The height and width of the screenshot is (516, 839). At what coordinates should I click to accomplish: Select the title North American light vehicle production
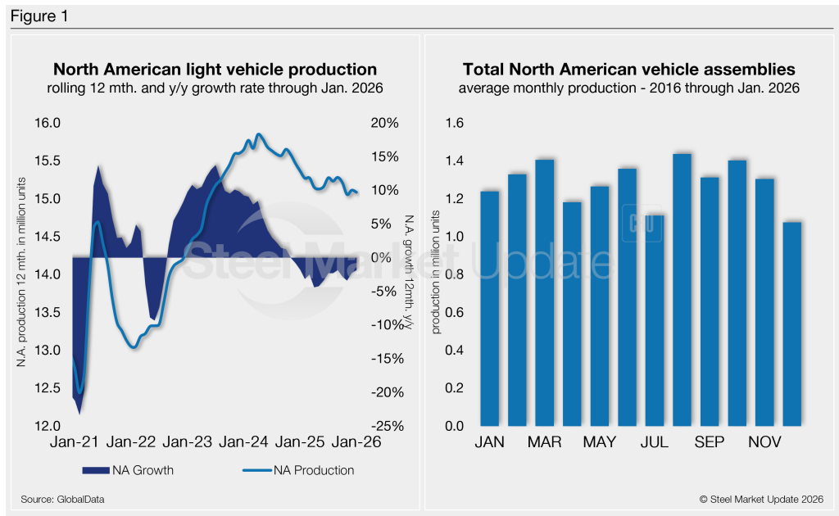(215, 70)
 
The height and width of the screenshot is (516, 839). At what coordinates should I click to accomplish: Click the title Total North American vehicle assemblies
(628, 70)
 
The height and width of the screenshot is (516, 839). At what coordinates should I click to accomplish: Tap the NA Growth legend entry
(128, 470)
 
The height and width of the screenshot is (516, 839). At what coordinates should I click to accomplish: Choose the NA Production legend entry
(297, 470)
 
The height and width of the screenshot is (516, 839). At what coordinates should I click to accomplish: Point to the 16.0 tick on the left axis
(46, 123)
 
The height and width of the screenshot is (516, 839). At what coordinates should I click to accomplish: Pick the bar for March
(544, 293)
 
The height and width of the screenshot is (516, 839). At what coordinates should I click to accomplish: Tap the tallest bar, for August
(682, 290)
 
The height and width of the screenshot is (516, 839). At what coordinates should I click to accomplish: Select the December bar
(792, 324)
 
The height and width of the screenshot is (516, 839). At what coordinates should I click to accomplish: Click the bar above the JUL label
(654, 320)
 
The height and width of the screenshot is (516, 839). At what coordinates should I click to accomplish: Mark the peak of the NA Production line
(259, 134)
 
